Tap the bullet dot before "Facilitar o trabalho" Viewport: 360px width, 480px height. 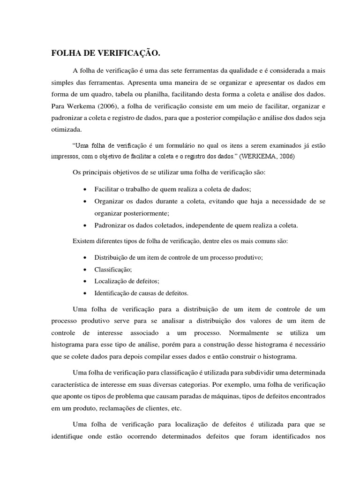click(x=83, y=189)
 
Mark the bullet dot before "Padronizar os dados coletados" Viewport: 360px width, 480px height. click(x=83, y=225)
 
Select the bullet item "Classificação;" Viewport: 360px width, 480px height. click(x=113, y=270)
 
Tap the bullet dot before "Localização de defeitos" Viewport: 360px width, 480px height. click(x=83, y=281)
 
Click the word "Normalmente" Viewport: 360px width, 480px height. click(x=249, y=332)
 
